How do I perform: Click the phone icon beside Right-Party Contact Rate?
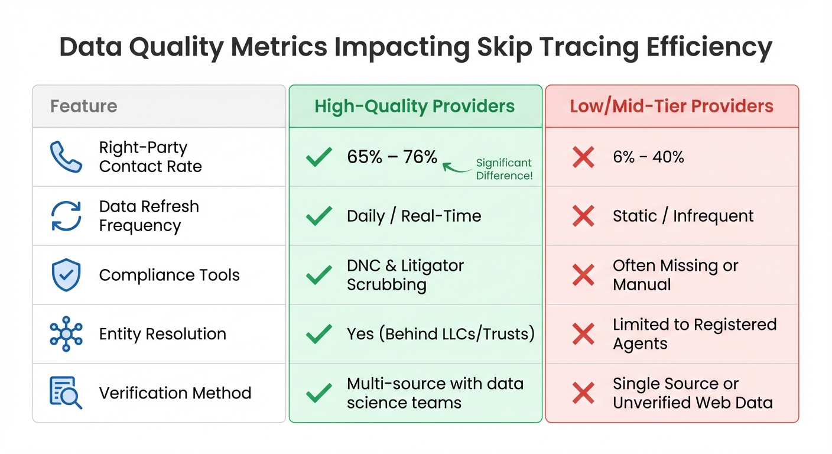click(x=66, y=157)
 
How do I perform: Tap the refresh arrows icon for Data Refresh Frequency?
click(x=66, y=216)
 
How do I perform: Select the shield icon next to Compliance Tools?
click(x=66, y=275)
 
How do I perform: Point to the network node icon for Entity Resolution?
click(x=66, y=334)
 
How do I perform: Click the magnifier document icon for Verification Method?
click(x=66, y=393)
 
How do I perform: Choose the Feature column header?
click(x=83, y=106)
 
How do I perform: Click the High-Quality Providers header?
click(x=415, y=106)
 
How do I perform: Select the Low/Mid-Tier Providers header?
click(x=671, y=106)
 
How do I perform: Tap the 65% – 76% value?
click(x=392, y=157)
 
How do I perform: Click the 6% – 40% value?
click(x=648, y=157)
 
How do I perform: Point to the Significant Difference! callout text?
click(x=504, y=169)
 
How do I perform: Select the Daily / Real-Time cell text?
click(x=414, y=216)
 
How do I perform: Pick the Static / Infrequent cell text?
click(x=682, y=216)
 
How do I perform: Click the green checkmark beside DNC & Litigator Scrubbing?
click(x=319, y=275)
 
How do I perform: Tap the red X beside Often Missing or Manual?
click(x=583, y=275)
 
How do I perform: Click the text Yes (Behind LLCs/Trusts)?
click(x=440, y=334)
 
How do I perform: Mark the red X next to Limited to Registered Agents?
click(x=583, y=334)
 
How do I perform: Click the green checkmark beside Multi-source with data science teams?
click(x=319, y=393)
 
